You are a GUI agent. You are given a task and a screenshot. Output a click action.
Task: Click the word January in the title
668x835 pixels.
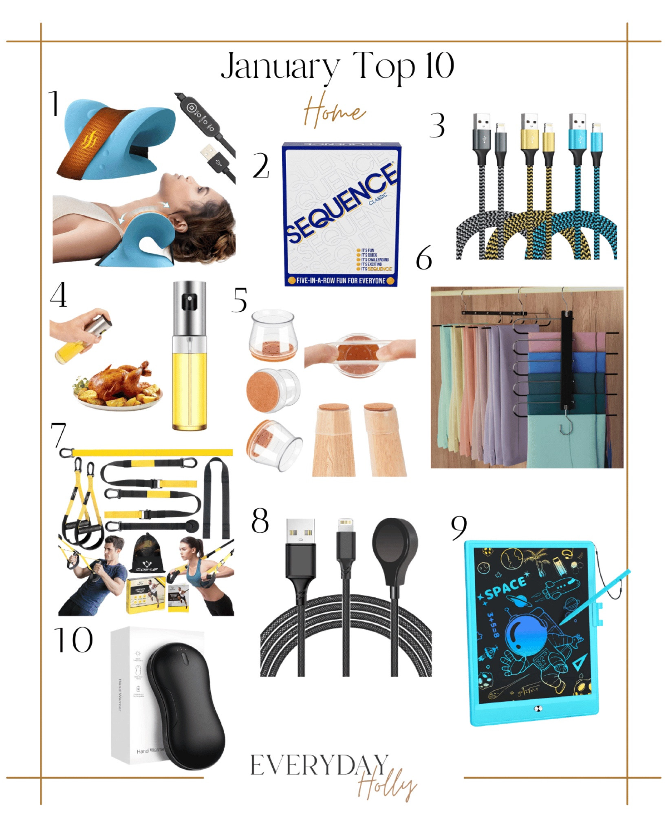(x=280, y=66)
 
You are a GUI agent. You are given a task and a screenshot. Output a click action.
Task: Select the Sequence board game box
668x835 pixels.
(x=341, y=214)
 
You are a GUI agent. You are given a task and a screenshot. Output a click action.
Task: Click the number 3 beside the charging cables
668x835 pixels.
(x=437, y=126)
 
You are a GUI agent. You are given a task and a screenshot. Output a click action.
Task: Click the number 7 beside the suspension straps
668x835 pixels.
(x=58, y=435)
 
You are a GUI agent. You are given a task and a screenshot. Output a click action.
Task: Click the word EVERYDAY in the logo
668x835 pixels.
(x=319, y=766)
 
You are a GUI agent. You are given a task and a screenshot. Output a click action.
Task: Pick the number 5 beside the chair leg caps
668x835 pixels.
(x=240, y=301)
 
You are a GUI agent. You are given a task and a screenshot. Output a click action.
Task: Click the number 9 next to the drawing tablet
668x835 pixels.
(x=459, y=528)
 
